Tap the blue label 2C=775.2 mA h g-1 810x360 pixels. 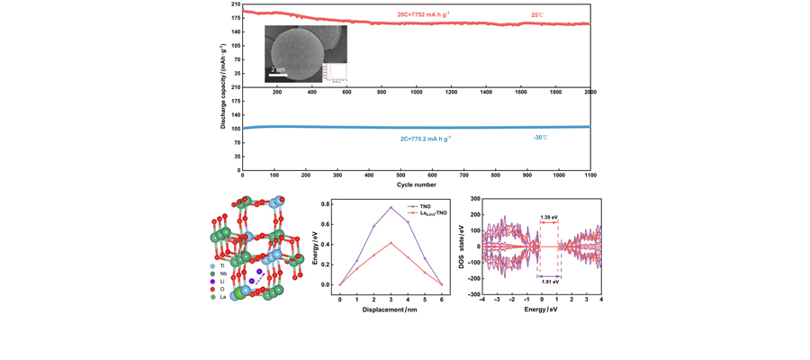pos(426,139)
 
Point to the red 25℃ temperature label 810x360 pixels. pos(537,14)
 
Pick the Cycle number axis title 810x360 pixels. pos(417,184)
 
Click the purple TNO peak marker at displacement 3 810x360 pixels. pos(391,208)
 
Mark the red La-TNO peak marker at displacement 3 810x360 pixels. pos(391,243)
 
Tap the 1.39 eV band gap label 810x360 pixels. pos(549,217)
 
